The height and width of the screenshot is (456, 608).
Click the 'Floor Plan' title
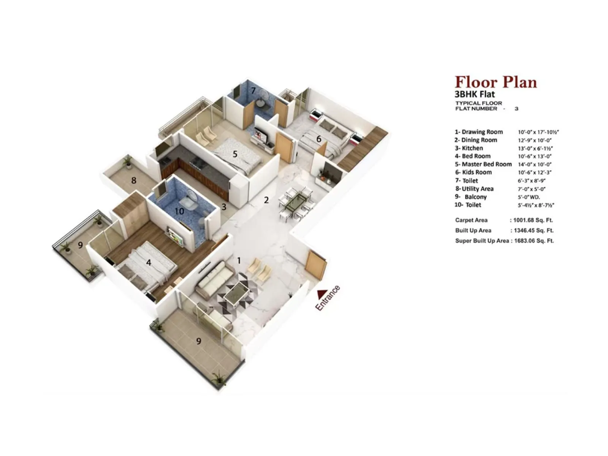(x=496, y=82)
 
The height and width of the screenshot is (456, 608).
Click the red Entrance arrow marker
(x=322, y=294)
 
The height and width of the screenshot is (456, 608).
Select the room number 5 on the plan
(x=235, y=154)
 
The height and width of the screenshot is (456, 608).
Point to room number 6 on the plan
(x=319, y=139)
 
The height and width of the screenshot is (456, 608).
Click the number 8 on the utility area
(x=133, y=180)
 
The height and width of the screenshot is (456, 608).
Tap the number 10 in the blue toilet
(x=179, y=211)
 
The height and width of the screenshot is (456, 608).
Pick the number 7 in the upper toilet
(x=253, y=90)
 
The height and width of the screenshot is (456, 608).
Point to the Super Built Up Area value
(x=534, y=241)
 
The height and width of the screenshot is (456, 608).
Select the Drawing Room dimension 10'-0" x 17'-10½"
(x=538, y=132)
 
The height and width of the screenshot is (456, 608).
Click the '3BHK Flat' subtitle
(x=475, y=94)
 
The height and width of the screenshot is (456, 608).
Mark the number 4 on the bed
(x=149, y=262)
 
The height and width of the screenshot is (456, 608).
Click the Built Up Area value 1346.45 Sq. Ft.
(x=534, y=230)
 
